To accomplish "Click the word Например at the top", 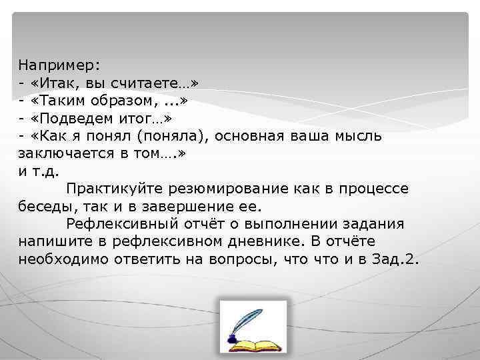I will [x=59, y=65].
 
